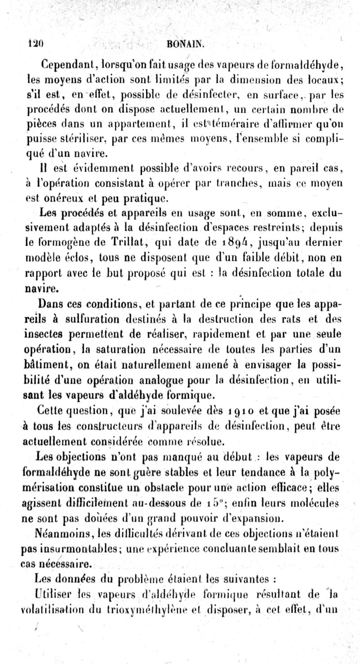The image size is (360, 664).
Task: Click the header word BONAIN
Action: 186,45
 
